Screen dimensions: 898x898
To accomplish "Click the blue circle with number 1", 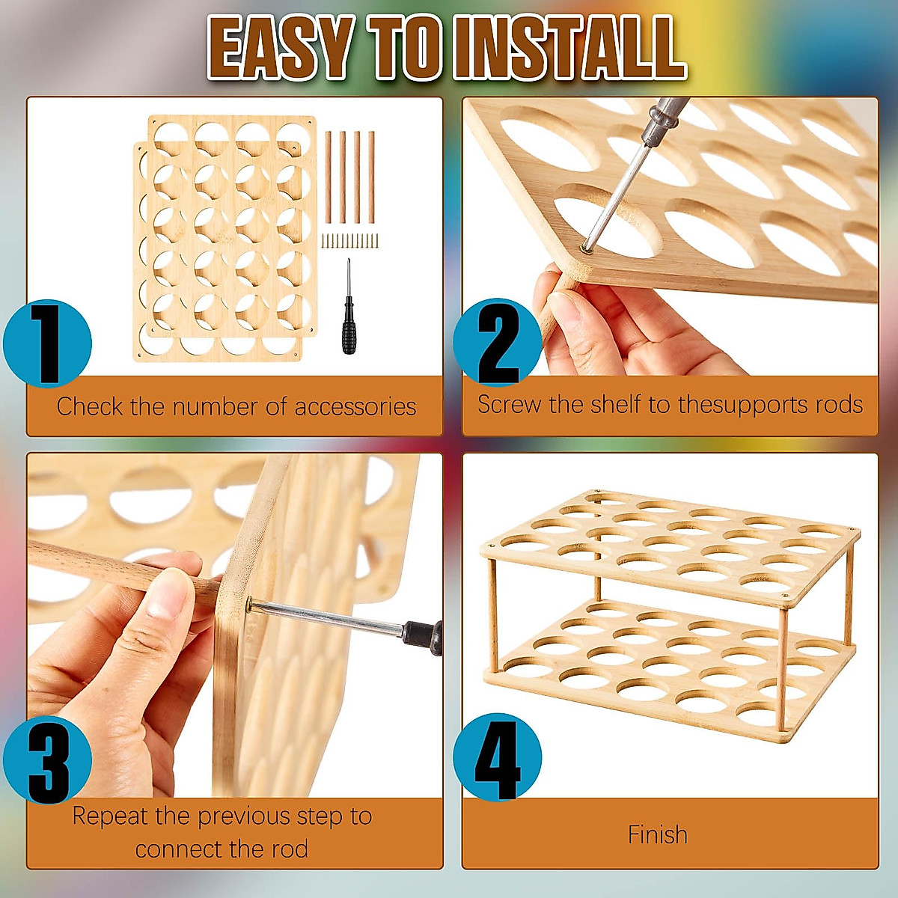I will (47, 343).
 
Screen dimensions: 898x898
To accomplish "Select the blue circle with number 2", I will (497, 343).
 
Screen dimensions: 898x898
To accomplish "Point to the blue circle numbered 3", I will (47, 760).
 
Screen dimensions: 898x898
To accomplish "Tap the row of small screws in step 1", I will (350, 240).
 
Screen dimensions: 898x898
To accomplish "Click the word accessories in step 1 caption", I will (355, 406).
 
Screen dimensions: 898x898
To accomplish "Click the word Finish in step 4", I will (657, 834).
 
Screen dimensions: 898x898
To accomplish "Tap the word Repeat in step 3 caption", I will (110, 816).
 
